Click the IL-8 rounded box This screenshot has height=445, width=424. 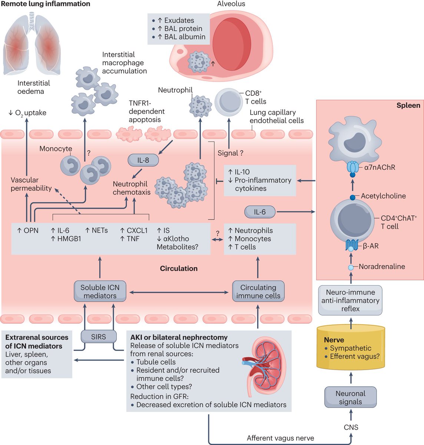tap(143, 160)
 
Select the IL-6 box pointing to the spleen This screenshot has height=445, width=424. tap(260, 212)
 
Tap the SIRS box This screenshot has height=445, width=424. tap(99, 337)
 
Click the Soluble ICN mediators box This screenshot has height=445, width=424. tap(100, 291)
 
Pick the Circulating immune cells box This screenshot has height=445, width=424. tap(258, 291)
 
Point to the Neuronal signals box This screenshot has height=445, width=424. tap(350, 398)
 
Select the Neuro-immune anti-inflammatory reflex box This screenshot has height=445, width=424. tap(350, 300)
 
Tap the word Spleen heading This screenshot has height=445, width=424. tap(408, 105)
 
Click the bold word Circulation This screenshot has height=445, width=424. tap(179, 268)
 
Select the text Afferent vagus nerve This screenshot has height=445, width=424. tap(280, 438)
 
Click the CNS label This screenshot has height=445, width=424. tap(351, 427)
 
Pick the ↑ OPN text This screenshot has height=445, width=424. tap(28, 231)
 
